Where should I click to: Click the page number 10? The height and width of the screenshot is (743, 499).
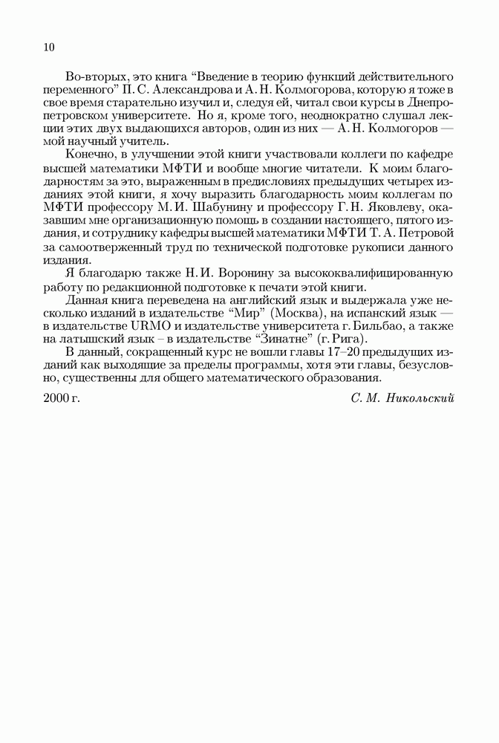49,48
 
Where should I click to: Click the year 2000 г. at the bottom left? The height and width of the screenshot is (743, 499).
62,398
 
